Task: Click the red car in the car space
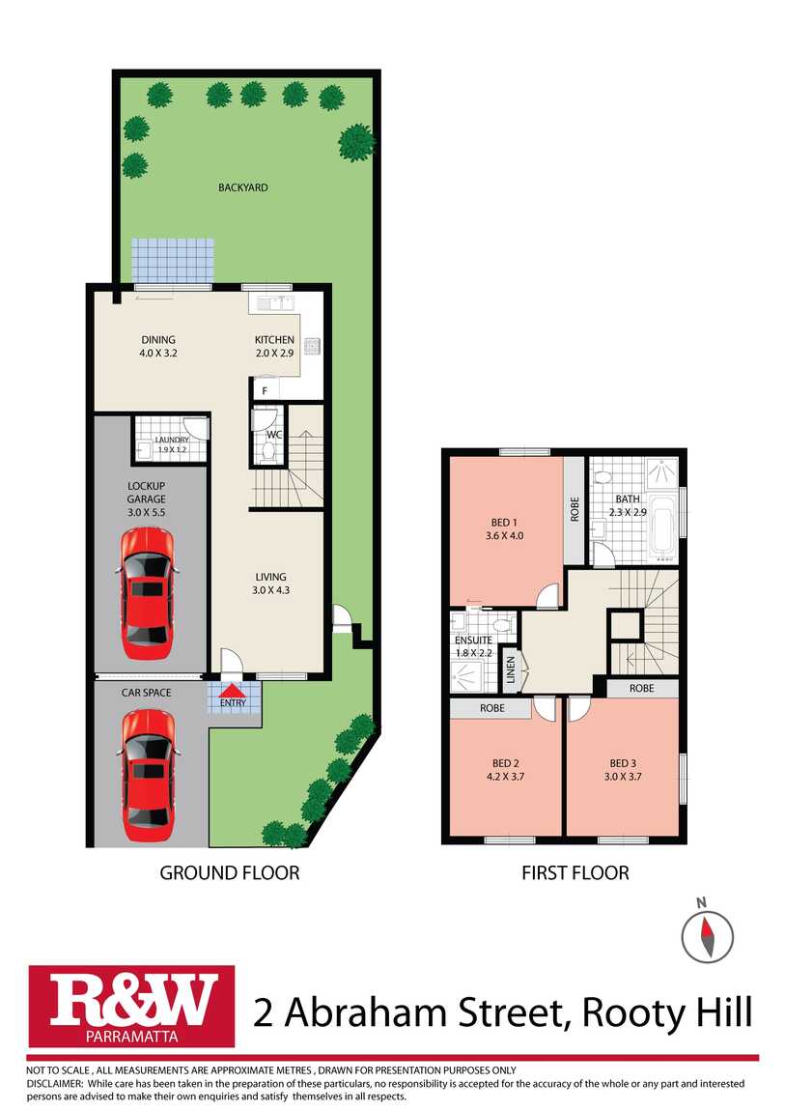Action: point(148,774)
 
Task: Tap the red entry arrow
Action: point(233,691)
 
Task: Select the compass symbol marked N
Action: point(707,934)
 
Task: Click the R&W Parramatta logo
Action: point(131,1006)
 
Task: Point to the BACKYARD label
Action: point(242,187)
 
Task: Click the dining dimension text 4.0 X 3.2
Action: point(157,354)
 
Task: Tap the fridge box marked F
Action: point(265,391)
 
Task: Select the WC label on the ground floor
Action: point(273,435)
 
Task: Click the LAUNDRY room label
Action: point(173,440)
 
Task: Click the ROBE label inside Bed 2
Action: point(491,709)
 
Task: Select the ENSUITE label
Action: point(473,640)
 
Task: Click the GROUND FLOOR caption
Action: point(229,872)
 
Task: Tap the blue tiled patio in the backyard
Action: point(172,261)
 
